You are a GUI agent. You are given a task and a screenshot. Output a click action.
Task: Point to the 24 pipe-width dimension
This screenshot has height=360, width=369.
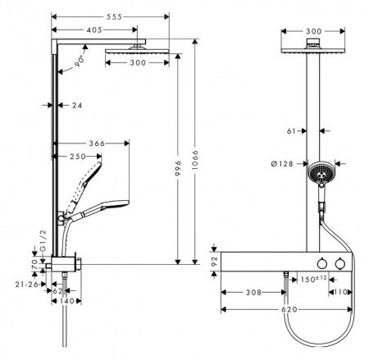click(75, 105)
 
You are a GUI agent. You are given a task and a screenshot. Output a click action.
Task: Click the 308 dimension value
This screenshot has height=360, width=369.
click(253, 292)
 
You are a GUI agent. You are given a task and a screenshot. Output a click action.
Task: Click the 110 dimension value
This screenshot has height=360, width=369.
click(341, 292)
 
